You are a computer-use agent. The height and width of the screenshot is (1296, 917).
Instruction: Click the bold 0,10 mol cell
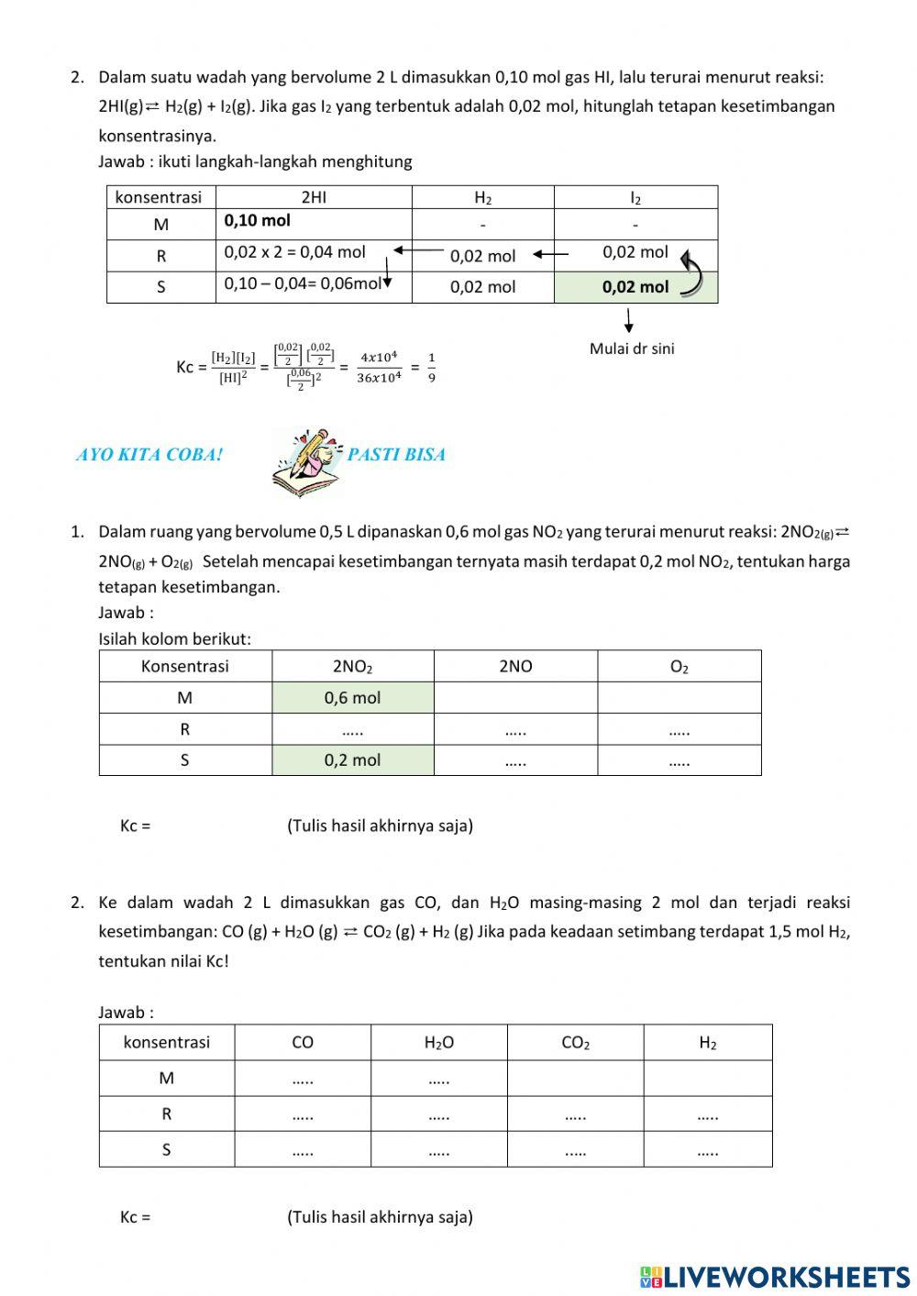[258, 221]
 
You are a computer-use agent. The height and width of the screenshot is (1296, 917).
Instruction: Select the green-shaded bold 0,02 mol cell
[635, 287]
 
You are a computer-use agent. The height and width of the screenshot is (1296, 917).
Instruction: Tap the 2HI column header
[314, 197]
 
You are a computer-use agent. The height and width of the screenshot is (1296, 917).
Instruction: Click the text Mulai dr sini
[632, 349]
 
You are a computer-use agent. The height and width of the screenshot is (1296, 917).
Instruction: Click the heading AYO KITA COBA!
[149, 455]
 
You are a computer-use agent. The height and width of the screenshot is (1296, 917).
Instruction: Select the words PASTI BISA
[396, 455]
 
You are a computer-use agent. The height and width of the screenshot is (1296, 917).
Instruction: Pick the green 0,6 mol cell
[352, 698]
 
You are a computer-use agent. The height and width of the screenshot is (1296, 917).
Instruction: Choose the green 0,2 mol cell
[352, 760]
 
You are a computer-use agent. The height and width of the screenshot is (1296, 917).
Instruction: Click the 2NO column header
[515, 667]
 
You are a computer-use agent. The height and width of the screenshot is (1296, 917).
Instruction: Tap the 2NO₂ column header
[352, 667]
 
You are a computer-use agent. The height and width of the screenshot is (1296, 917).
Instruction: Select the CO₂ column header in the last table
[575, 1043]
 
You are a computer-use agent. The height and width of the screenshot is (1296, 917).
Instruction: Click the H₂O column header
[439, 1043]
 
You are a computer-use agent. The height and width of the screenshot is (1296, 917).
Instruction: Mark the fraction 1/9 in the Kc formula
[432, 367]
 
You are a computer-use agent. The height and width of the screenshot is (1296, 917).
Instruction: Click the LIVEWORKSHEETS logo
[775, 1276]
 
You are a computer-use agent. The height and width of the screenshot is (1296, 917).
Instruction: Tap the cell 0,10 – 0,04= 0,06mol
[303, 283]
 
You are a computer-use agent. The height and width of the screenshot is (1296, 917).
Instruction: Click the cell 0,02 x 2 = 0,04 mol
[294, 252]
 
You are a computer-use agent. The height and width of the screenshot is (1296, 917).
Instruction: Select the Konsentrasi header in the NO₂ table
[185, 667]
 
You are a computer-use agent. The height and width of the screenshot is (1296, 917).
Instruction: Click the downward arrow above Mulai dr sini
[629, 320]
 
